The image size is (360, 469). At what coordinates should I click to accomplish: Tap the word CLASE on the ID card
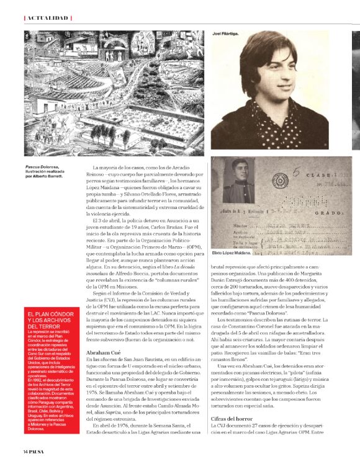coord(315,177)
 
